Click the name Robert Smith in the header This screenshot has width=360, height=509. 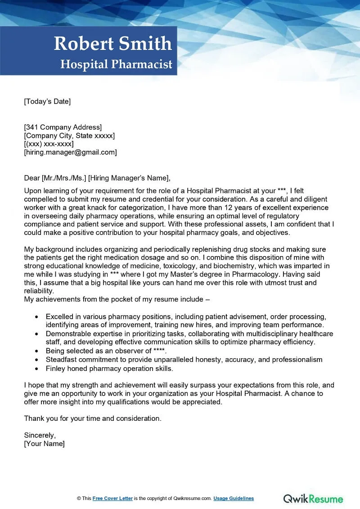[x=113, y=44]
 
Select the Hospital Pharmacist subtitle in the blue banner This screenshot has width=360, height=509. [x=117, y=64]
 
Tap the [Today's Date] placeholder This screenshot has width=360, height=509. [x=47, y=101]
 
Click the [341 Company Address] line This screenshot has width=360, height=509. [x=63, y=127]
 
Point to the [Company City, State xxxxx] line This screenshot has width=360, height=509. [x=69, y=135]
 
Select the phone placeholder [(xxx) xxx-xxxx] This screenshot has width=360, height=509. [x=49, y=144]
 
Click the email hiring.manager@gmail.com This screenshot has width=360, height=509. [x=70, y=152]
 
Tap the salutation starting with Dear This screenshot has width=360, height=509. [x=98, y=177]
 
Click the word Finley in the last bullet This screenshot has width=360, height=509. [x=56, y=368]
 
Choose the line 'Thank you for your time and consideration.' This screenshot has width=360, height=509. [x=92, y=419]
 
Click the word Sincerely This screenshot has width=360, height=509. [x=40, y=435]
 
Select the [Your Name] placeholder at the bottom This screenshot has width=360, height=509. [x=44, y=443]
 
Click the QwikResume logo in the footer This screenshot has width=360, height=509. [x=313, y=498]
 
